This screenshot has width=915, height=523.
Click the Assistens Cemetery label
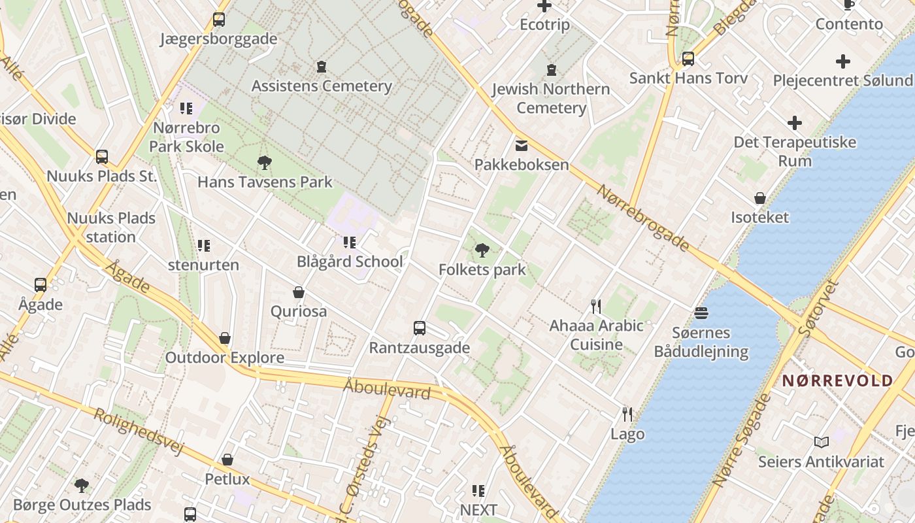322,86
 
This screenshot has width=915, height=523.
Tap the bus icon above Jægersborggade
219,20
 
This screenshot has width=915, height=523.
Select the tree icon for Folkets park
482,250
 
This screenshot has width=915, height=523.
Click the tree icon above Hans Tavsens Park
265,163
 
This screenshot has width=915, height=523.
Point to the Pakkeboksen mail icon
522,145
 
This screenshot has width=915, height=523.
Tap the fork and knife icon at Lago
627,414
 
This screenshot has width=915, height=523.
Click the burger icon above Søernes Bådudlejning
701,312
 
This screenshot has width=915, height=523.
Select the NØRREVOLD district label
837,380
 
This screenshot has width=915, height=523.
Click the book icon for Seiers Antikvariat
822,443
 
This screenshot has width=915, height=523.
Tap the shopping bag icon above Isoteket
760,198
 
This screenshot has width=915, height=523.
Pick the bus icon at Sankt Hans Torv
688,59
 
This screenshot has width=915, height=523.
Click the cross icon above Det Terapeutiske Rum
795,123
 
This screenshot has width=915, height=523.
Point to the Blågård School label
350,261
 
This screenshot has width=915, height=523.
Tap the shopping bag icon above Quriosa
299,292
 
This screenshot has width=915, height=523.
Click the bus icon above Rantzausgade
420,328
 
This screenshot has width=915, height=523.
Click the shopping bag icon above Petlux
227,460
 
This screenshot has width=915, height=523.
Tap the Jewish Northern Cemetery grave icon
552,69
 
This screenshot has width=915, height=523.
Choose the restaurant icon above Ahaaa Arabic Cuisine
596,306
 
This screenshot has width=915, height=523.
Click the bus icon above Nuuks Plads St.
102,157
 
